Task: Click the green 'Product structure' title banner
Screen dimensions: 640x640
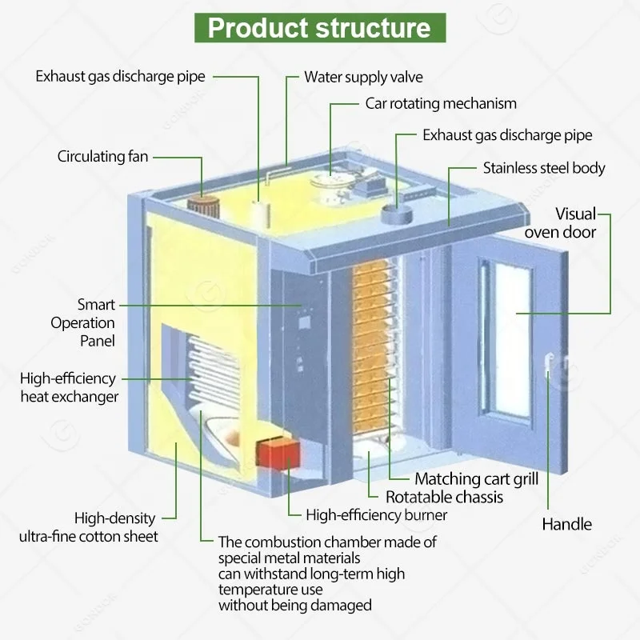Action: [319, 28]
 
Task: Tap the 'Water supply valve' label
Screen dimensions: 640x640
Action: [363, 78]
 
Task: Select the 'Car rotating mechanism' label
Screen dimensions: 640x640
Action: [441, 103]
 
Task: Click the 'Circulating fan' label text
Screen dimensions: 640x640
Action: [102, 157]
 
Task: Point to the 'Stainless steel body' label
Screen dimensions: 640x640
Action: [544, 168]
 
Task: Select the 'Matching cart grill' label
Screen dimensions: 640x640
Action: [476, 479]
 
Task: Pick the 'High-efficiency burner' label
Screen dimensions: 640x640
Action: [377, 515]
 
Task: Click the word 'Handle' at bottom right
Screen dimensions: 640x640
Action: [566, 525]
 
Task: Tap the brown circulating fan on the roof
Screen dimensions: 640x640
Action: [204, 203]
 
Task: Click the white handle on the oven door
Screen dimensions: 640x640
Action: [548, 363]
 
